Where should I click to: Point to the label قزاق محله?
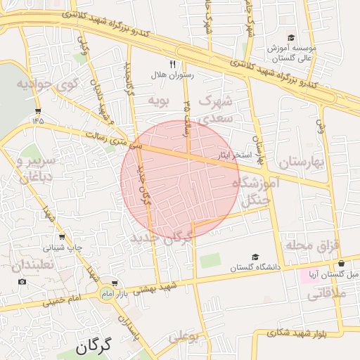pos(312,245)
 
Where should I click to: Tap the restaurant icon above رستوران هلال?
pos(162,63)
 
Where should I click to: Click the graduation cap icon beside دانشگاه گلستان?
pos(255,257)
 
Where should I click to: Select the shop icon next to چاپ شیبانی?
pos(62,237)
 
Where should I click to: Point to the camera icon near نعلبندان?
pos(22,282)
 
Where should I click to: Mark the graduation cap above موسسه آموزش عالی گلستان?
pos(291,38)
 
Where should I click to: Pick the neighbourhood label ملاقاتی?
pos(328,295)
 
